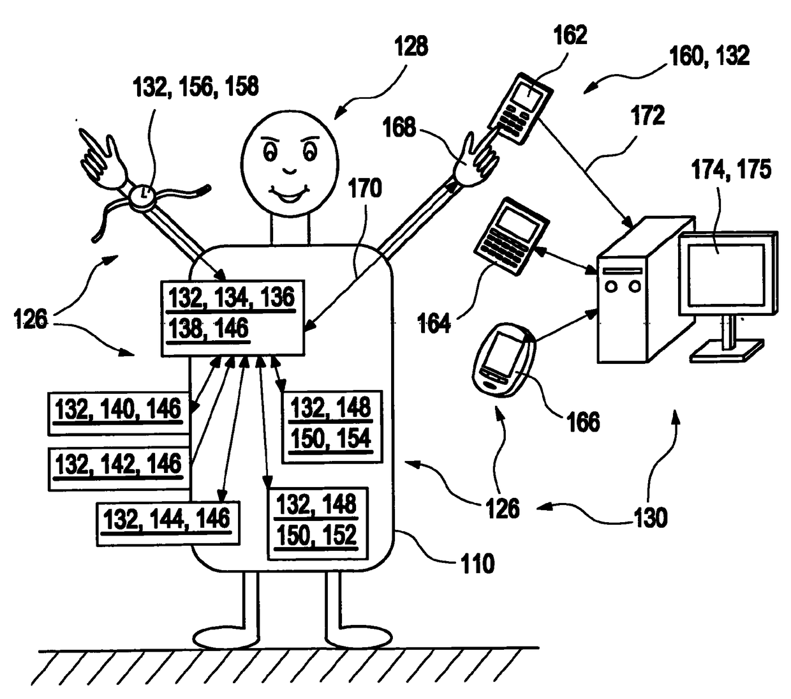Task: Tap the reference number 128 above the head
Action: click(x=411, y=47)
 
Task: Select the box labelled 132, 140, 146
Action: click(x=119, y=412)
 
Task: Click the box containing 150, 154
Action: click(x=332, y=425)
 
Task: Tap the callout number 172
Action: click(x=647, y=116)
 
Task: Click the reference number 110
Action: click(x=477, y=564)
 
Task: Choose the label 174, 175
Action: click(x=731, y=170)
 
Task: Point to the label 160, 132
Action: click(x=709, y=56)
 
